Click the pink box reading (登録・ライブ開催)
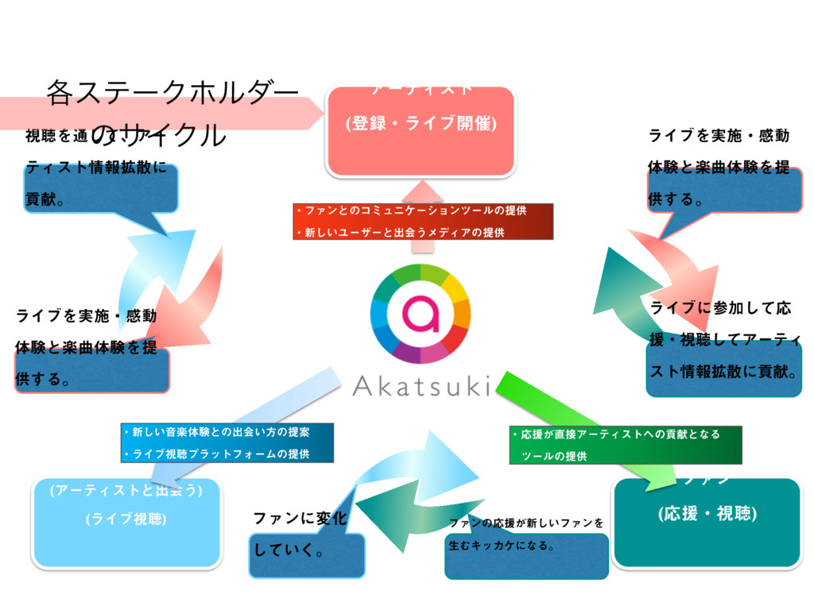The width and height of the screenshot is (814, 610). click(421, 125)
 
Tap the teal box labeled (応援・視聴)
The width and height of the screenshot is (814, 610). click(707, 515)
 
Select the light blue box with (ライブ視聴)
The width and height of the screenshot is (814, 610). click(126, 519)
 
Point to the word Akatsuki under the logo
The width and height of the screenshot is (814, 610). click(421, 387)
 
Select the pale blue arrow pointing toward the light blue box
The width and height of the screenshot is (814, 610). click(238, 421)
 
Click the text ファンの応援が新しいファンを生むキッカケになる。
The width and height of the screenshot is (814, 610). click(525, 535)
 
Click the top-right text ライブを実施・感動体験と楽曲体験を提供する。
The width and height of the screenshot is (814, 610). click(719, 168)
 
